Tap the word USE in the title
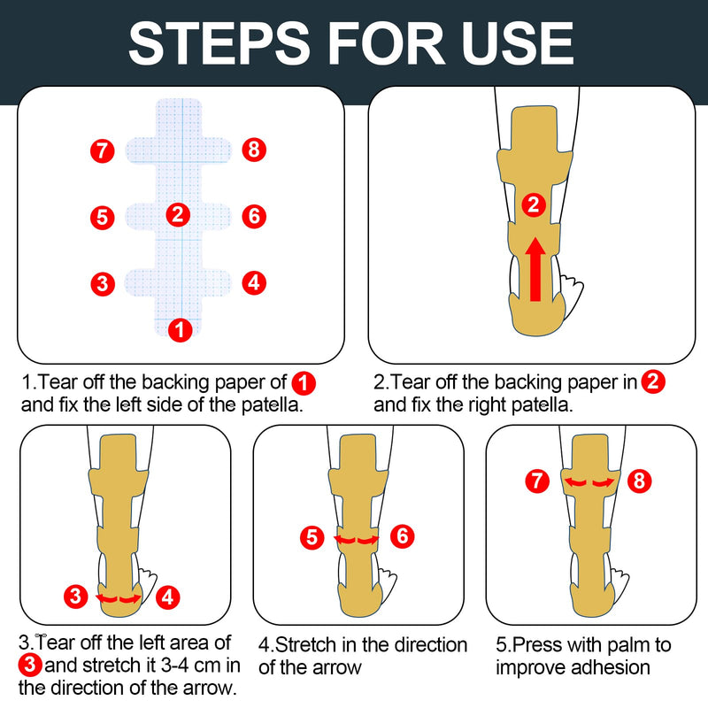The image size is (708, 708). tap(511, 41)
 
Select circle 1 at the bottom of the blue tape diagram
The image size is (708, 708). tap(180, 330)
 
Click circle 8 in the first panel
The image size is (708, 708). tap(254, 150)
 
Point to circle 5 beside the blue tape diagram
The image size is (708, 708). tap(103, 216)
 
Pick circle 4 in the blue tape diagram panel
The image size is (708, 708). tap(254, 283)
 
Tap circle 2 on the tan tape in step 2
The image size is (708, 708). tap(532, 205)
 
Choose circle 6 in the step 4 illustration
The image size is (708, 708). tap(401, 536)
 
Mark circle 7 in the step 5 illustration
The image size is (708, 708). tap(536, 481)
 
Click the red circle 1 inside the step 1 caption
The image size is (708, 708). tap(304, 383)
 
